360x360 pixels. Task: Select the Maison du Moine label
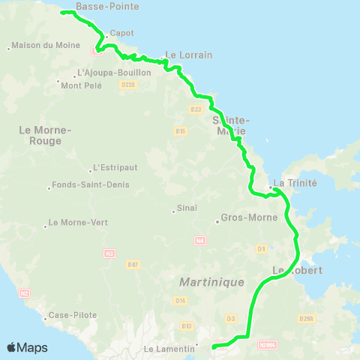click(38, 46)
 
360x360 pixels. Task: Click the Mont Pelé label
click(81, 85)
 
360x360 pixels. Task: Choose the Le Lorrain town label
click(188, 55)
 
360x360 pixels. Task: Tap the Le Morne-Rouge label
click(45, 135)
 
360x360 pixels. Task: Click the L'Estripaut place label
click(113, 167)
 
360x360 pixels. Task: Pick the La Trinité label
click(295, 183)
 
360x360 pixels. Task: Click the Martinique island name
click(212, 282)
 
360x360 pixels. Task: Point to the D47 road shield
click(133, 264)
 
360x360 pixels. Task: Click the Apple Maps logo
click(27, 347)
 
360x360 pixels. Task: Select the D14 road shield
click(181, 300)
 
